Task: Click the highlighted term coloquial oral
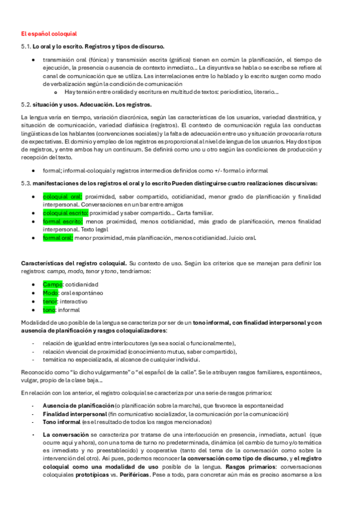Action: tap(63, 197)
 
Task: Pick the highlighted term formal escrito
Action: tap(63, 221)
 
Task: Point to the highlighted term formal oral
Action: tap(58, 238)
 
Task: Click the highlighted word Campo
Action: tap(51, 284)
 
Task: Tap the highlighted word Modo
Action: tap(50, 293)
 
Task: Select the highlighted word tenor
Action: tap(50, 301)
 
